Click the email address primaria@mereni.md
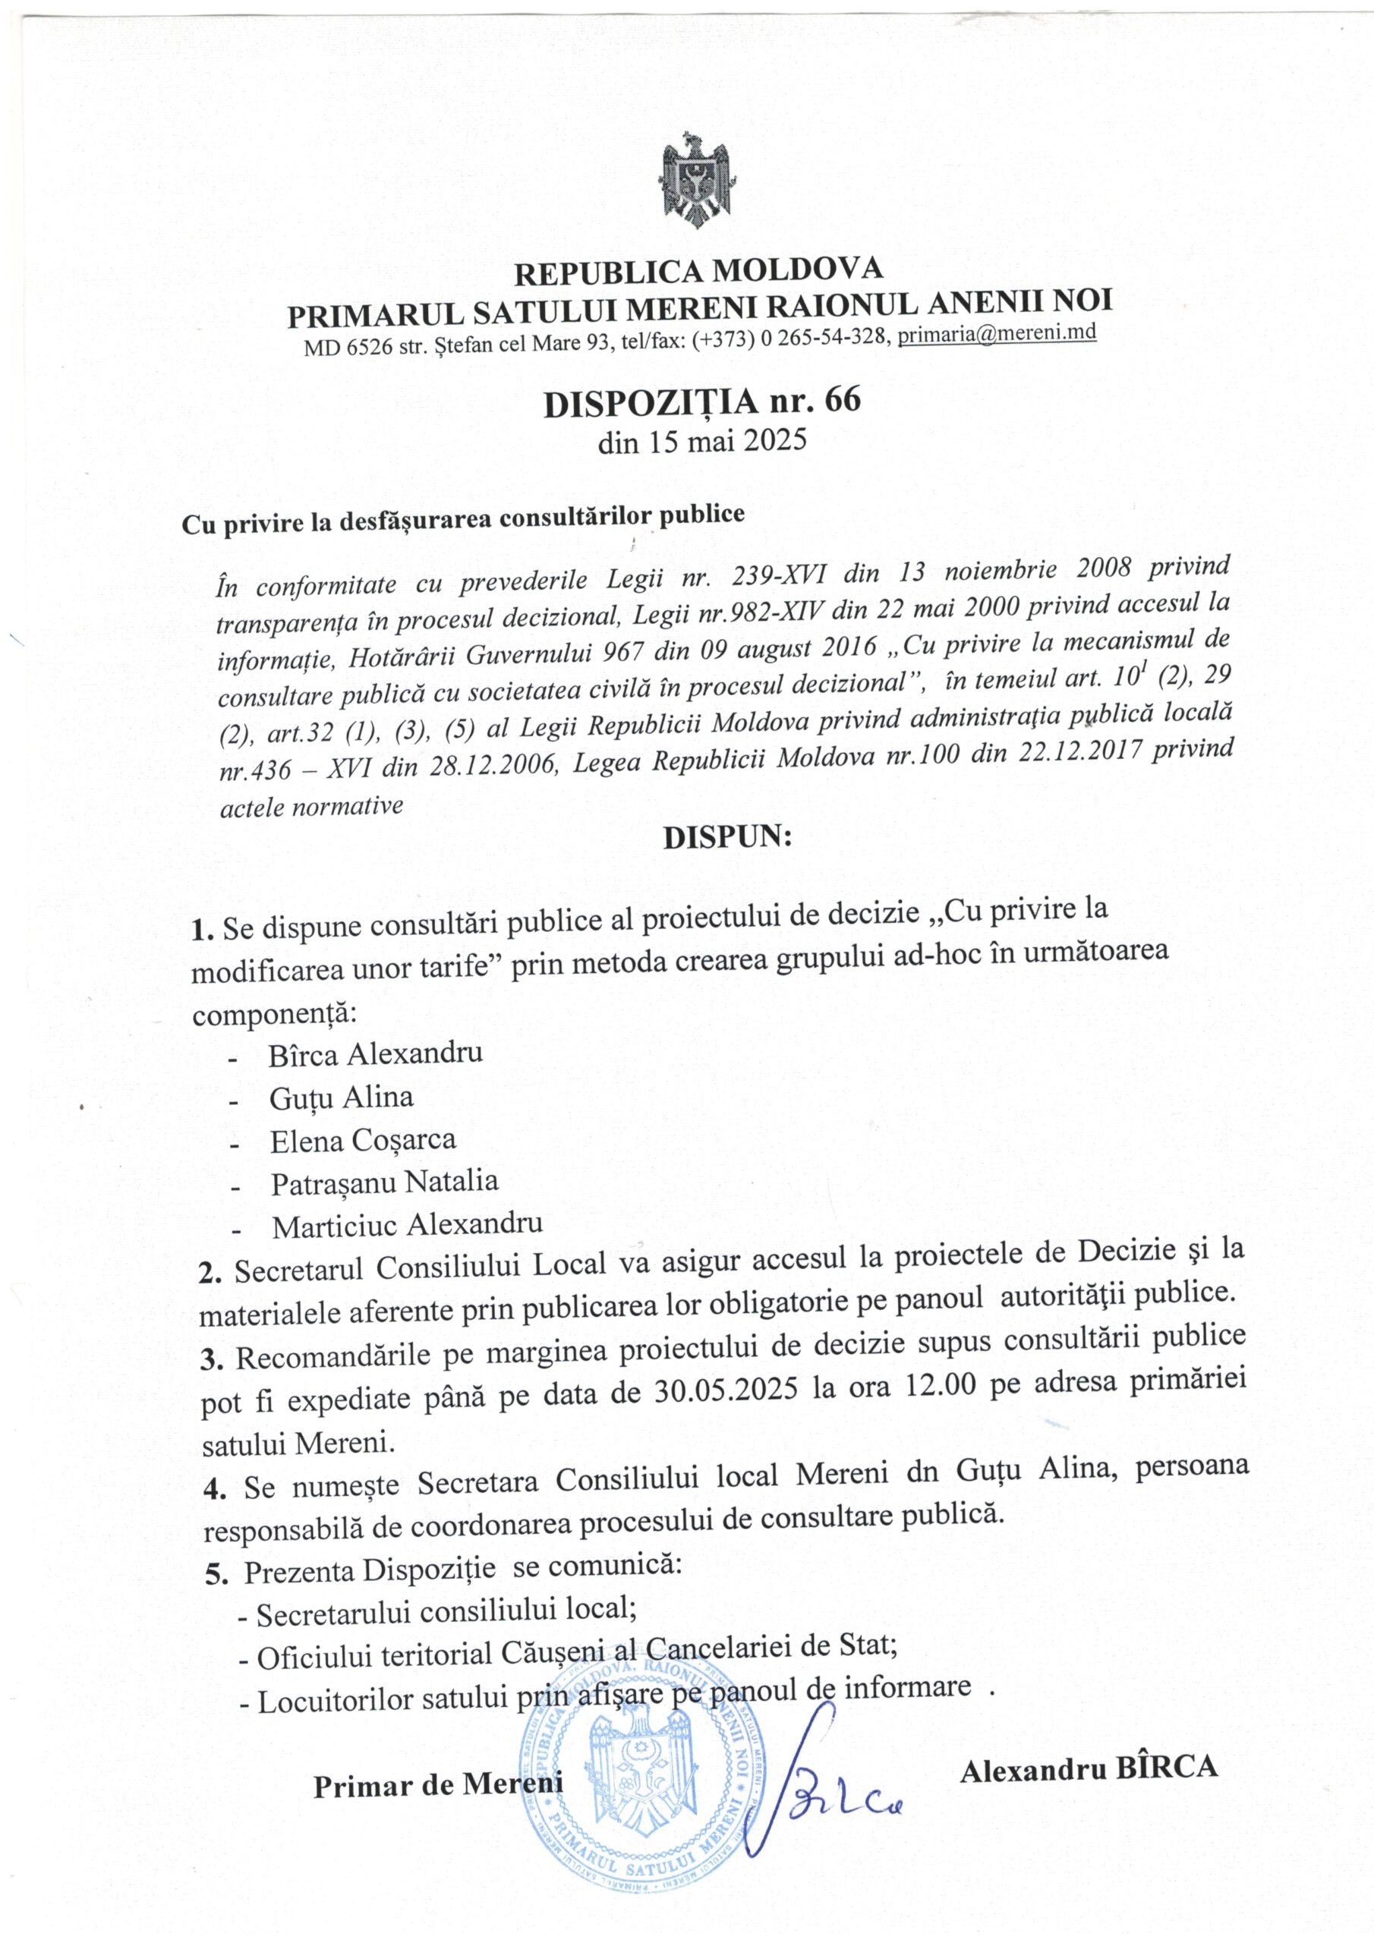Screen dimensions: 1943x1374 (997, 332)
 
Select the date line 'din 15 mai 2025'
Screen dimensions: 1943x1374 (702, 442)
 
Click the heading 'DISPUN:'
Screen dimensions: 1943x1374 (727, 838)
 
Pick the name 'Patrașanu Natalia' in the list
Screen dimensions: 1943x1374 (384, 1182)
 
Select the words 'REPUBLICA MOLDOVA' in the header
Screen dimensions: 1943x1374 (699, 272)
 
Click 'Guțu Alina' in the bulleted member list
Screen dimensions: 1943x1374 (341, 1097)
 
